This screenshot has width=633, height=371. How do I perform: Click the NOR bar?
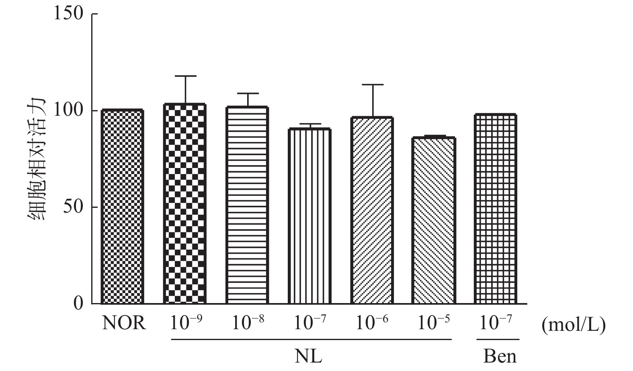click(123, 207)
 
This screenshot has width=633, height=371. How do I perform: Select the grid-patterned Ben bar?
click(496, 209)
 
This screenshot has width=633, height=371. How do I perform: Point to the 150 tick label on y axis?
click(68, 14)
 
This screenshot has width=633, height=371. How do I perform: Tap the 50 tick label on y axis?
click(73, 207)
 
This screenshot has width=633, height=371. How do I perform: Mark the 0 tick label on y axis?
click(78, 303)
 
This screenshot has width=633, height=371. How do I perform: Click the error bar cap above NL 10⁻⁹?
click(185, 76)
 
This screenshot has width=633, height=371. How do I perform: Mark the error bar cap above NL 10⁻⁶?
click(373, 85)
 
